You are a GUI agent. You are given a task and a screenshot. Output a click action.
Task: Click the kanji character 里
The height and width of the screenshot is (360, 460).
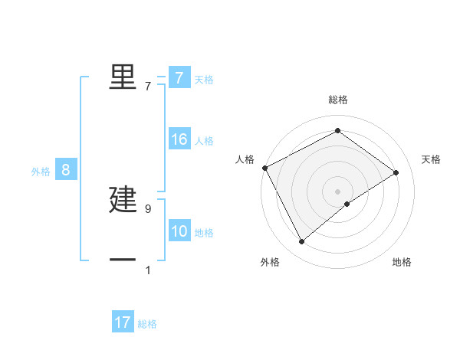[123, 77]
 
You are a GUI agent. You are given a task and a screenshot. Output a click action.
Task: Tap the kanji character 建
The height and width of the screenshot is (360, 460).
[123, 200]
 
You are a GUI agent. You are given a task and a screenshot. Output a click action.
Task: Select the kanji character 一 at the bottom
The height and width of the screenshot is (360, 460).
[123, 260]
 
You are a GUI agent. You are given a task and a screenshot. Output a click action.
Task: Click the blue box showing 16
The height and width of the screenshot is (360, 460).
[179, 139]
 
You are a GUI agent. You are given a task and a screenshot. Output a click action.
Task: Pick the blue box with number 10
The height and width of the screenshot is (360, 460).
[179, 232]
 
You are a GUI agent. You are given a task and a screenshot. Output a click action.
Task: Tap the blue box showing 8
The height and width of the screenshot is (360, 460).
[66, 170]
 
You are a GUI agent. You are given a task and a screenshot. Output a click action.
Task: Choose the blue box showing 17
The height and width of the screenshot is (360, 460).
[123, 322]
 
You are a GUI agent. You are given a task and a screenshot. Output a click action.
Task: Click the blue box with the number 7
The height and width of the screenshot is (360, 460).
[179, 78]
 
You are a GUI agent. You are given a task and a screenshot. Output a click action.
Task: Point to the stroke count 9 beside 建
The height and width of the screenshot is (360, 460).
[148, 208]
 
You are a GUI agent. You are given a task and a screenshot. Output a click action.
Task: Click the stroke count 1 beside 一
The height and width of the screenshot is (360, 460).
[148, 270]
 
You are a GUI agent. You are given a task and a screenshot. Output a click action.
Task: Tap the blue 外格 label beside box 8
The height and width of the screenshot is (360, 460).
[41, 172]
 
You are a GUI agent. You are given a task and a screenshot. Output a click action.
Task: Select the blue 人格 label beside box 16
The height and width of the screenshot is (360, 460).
[204, 141]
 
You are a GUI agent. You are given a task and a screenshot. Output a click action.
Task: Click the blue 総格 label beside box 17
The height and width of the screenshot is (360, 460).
[147, 324]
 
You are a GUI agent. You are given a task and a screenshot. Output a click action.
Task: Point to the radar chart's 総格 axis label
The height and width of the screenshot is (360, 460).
[337, 100]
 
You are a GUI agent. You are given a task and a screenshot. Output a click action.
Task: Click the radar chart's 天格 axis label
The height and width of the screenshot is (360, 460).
[431, 159]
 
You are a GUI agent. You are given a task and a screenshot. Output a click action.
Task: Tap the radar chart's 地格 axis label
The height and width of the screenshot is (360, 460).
[402, 262]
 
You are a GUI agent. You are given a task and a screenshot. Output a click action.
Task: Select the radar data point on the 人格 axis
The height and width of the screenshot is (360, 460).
[264, 168]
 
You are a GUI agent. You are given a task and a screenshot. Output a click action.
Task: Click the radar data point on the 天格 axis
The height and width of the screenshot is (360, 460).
[396, 172]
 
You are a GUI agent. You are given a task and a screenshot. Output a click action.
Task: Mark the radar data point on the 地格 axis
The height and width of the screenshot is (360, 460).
[347, 204]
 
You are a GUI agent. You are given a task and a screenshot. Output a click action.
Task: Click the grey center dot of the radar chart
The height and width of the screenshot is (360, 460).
[337, 191]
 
